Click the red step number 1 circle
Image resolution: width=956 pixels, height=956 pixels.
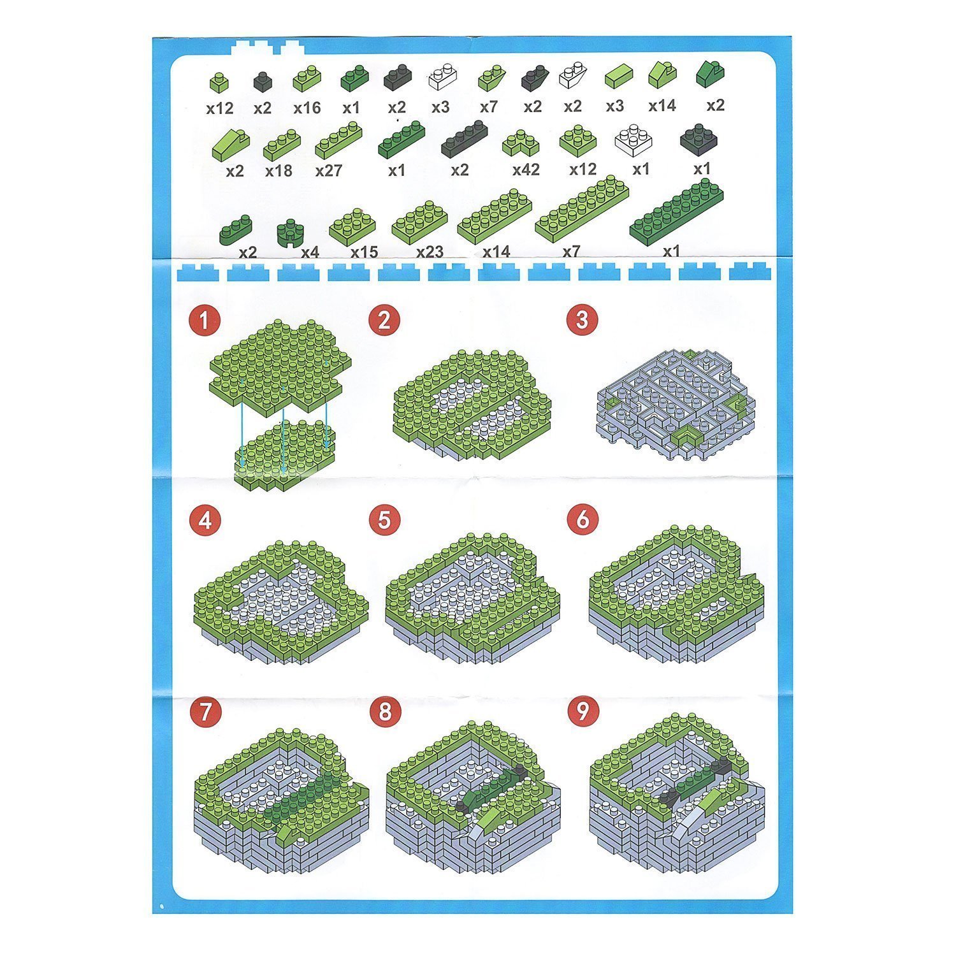coord(205,321)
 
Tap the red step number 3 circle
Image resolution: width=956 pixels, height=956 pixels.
coord(581,319)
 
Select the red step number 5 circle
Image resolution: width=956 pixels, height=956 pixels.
coord(384,520)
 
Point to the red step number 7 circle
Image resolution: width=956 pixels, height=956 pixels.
coord(205,713)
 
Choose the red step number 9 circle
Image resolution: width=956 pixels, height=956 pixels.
coord(582,711)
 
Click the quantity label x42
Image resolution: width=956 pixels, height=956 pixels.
coord(526,170)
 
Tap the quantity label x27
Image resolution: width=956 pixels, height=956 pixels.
coord(328,171)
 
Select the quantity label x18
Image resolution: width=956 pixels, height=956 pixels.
coord(279,171)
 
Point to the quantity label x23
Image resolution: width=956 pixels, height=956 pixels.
coord(430,252)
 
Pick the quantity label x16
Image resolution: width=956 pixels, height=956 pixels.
coord(307,108)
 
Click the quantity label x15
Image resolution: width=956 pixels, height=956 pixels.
coord(364,252)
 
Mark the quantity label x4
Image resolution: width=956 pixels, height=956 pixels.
coord(310,252)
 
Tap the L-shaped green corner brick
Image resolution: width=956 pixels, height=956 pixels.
coord(521,143)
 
